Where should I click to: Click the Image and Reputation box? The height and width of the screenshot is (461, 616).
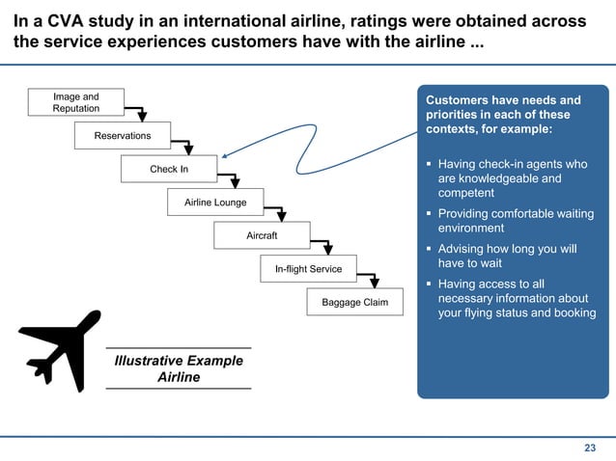point(75,102)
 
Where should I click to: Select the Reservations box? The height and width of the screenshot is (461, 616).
point(122,136)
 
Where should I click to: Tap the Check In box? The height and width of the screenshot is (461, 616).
point(169,170)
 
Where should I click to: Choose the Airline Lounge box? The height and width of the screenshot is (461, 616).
point(215,203)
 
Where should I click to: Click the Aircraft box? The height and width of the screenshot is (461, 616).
point(262,235)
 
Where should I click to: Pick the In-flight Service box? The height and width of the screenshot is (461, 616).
point(308,269)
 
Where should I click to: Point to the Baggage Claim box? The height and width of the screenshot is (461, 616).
point(354,302)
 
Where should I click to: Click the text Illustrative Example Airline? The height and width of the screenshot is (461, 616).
point(179,368)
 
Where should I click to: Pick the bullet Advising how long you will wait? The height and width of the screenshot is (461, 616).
point(507,257)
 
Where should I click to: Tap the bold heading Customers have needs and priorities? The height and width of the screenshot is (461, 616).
point(503,115)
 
